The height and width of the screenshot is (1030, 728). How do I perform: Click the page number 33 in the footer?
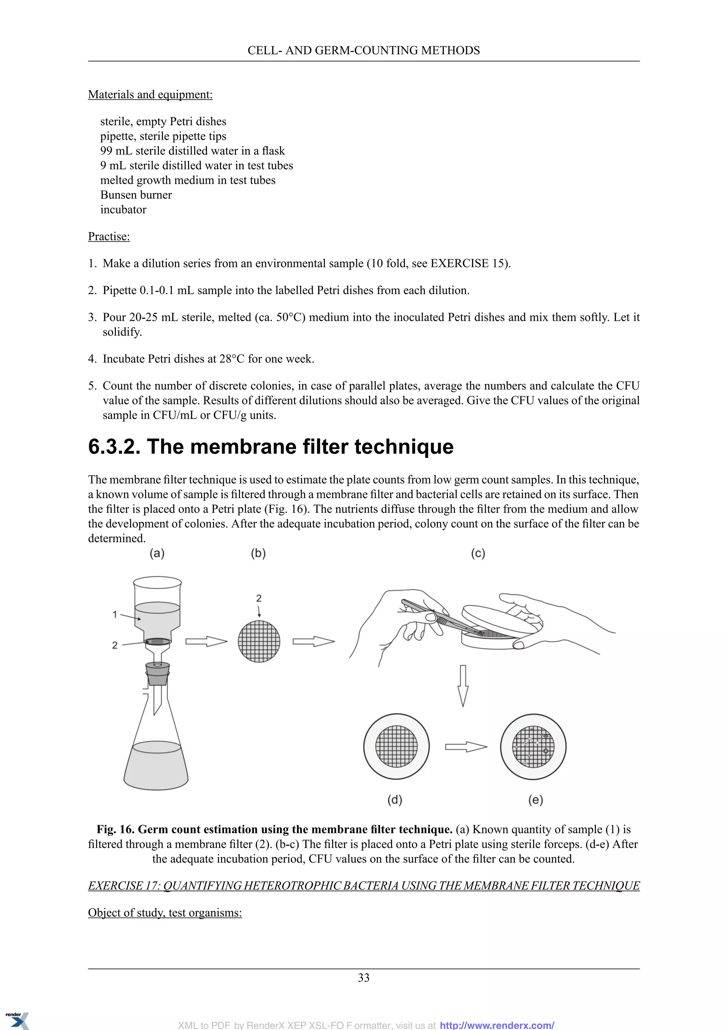(364, 977)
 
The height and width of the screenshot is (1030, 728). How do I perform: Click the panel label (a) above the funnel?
(157, 553)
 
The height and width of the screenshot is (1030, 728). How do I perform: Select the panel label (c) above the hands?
(478, 553)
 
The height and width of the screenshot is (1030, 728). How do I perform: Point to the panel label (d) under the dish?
(395, 800)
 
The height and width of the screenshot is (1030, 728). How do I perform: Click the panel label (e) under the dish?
(535, 800)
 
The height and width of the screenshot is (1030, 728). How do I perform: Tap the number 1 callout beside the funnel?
(115, 614)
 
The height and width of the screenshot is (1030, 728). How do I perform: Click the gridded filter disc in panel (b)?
(259, 641)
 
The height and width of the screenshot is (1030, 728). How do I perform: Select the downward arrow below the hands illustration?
(462, 685)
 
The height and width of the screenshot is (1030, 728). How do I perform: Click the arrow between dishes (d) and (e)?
(465, 747)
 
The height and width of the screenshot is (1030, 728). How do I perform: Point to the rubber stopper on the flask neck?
(157, 674)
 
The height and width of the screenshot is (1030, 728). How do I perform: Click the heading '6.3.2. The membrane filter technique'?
(271, 447)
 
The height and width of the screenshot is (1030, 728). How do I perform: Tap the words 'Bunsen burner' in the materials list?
(136, 195)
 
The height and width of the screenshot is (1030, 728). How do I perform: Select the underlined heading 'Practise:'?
(109, 237)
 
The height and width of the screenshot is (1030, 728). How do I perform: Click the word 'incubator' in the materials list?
(123, 209)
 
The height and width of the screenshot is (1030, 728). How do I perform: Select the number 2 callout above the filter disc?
(259, 598)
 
